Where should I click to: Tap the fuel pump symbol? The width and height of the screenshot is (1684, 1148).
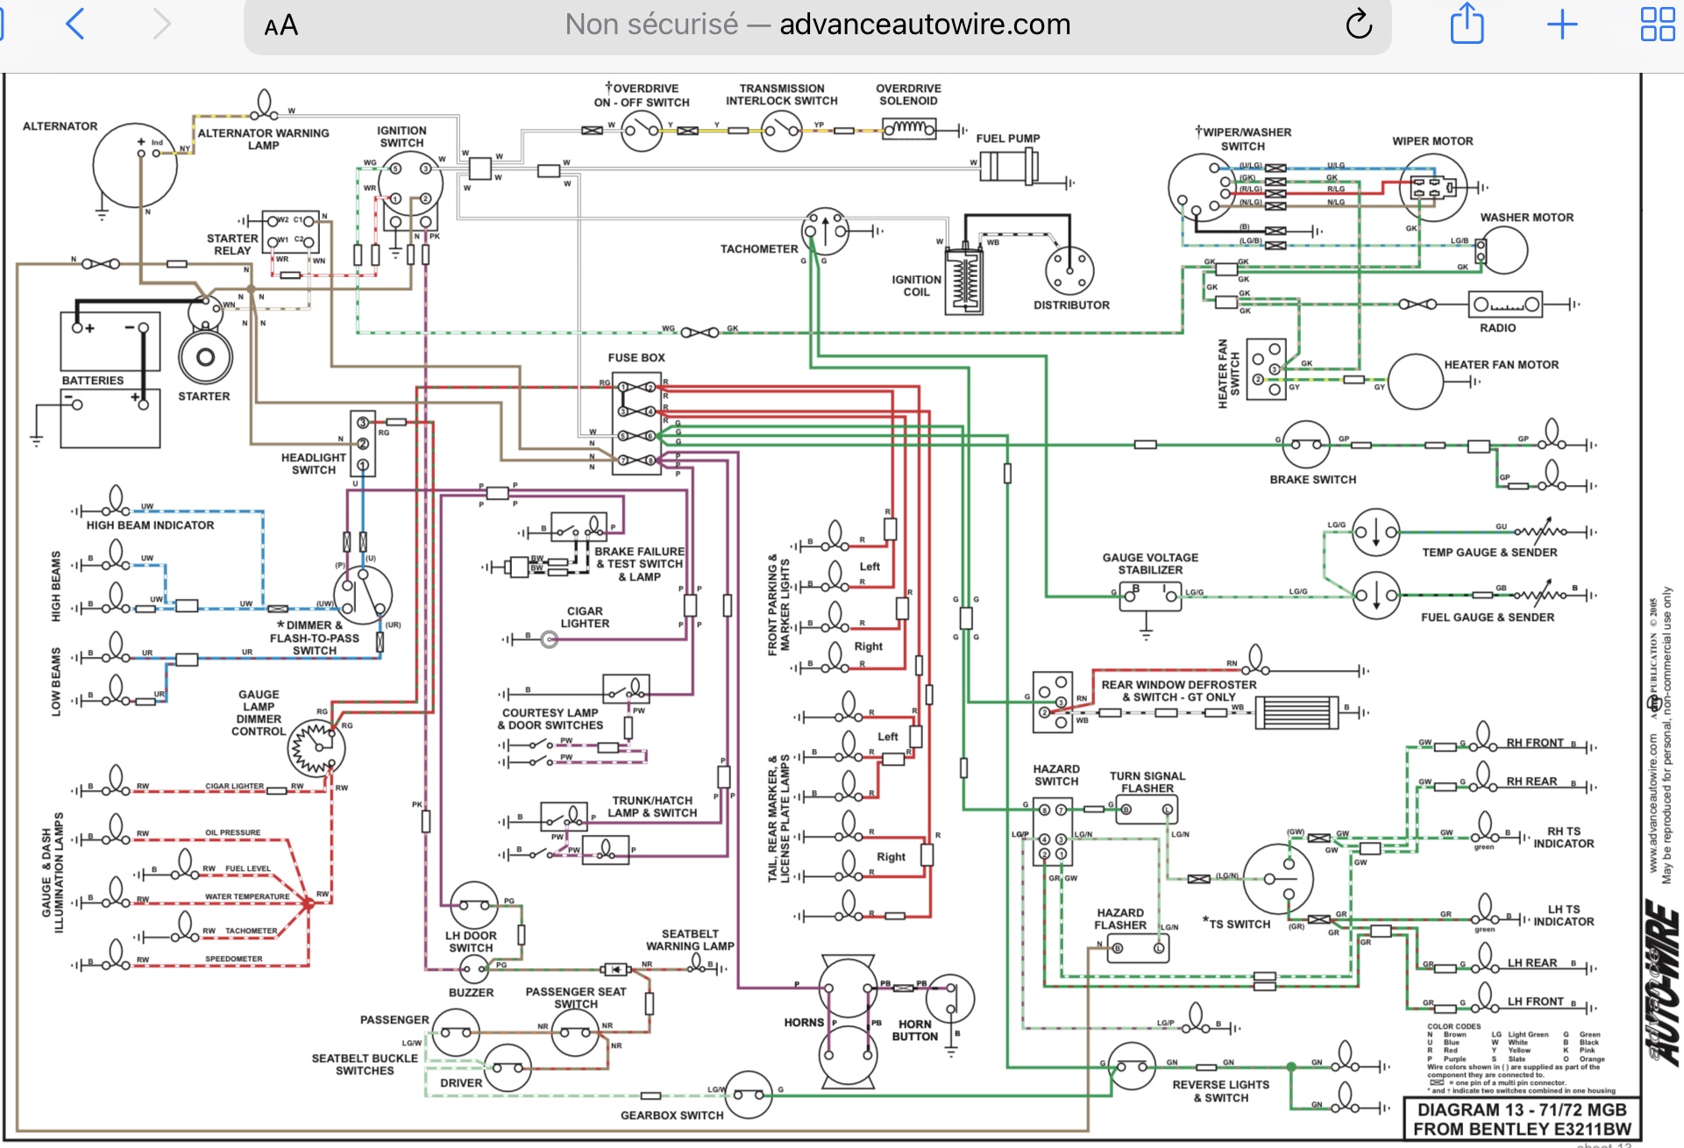tap(1008, 165)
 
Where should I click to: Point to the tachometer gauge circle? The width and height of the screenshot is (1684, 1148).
tap(825, 232)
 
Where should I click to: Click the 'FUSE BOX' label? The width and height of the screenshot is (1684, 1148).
tap(636, 358)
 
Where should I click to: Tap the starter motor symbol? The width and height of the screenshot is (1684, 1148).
tap(205, 356)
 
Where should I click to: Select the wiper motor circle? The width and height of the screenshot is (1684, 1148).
tap(1432, 188)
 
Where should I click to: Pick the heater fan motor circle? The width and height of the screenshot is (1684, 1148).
tap(1415, 381)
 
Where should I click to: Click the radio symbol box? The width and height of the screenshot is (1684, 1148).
tap(1505, 304)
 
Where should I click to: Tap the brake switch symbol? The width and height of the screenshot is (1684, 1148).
tap(1305, 445)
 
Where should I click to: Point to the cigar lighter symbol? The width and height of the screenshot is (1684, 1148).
tap(550, 640)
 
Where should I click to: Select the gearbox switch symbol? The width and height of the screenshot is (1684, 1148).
tap(749, 1095)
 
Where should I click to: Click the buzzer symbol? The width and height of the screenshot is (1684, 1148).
tap(473, 969)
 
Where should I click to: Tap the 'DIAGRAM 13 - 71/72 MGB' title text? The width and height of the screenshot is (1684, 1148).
tap(1522, 1109)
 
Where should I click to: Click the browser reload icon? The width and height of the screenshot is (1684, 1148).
tap(1359, 25)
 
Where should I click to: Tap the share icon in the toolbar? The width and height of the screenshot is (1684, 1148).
tap(1467, 25)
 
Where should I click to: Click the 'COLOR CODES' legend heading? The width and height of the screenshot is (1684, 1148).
tap(1453, 1026)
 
